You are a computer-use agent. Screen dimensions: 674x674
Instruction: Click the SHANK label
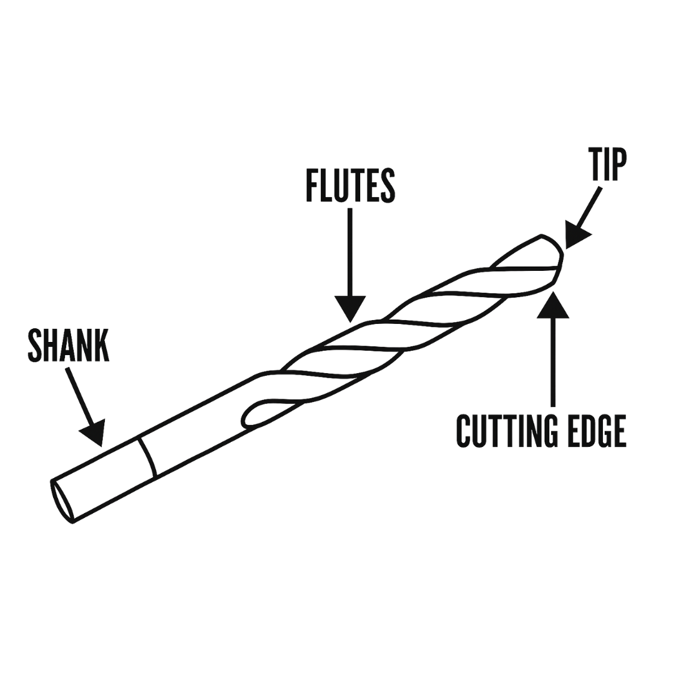[69, 344]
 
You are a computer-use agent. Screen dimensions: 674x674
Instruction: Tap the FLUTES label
[351, 185]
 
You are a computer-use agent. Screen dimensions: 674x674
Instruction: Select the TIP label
[607, 164]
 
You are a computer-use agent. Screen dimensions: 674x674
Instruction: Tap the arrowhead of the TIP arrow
[575, 235]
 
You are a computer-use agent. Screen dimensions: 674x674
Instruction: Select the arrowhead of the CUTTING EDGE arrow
[553, 306]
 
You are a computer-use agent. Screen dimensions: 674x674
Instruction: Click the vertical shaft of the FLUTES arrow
[351, 250]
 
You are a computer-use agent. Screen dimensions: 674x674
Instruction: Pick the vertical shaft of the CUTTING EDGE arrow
[553, 362]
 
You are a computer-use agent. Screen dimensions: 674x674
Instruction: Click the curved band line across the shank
[148, 457]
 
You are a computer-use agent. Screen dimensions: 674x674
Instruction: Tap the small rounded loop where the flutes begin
[250, 413]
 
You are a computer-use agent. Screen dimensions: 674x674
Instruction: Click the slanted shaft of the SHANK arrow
[79, 396]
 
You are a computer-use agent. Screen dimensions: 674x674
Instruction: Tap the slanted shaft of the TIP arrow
[590, 206]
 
